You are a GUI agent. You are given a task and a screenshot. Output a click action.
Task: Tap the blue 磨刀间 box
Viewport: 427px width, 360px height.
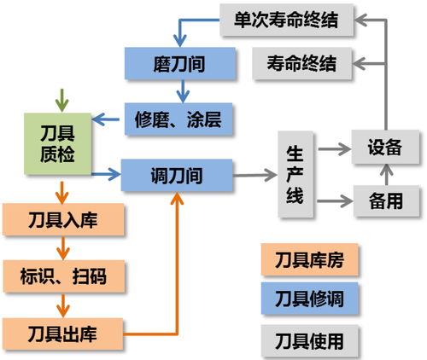178,62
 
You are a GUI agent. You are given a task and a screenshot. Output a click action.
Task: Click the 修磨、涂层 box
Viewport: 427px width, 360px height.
178,119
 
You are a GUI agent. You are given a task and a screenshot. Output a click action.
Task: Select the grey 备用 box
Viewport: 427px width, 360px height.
385,202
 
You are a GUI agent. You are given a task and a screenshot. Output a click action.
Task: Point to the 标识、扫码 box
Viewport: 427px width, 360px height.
64,276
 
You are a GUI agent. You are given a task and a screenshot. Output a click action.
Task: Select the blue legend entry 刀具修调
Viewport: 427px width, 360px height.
310,299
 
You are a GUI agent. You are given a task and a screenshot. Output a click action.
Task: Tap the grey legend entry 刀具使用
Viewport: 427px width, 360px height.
310,340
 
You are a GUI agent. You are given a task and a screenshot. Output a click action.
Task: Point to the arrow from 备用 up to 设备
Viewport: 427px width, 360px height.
385,175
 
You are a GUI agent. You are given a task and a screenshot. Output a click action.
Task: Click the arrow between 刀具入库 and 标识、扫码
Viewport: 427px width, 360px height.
61,249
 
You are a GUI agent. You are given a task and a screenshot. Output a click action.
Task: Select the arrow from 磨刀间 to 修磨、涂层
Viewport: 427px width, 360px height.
178,91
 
